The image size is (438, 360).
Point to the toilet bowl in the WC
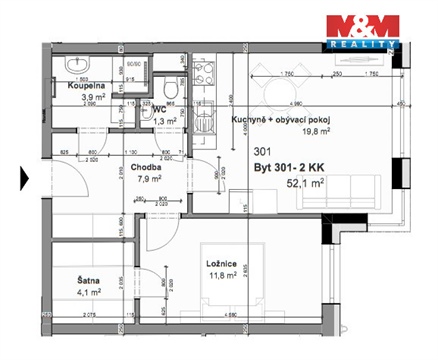(172, 92)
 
